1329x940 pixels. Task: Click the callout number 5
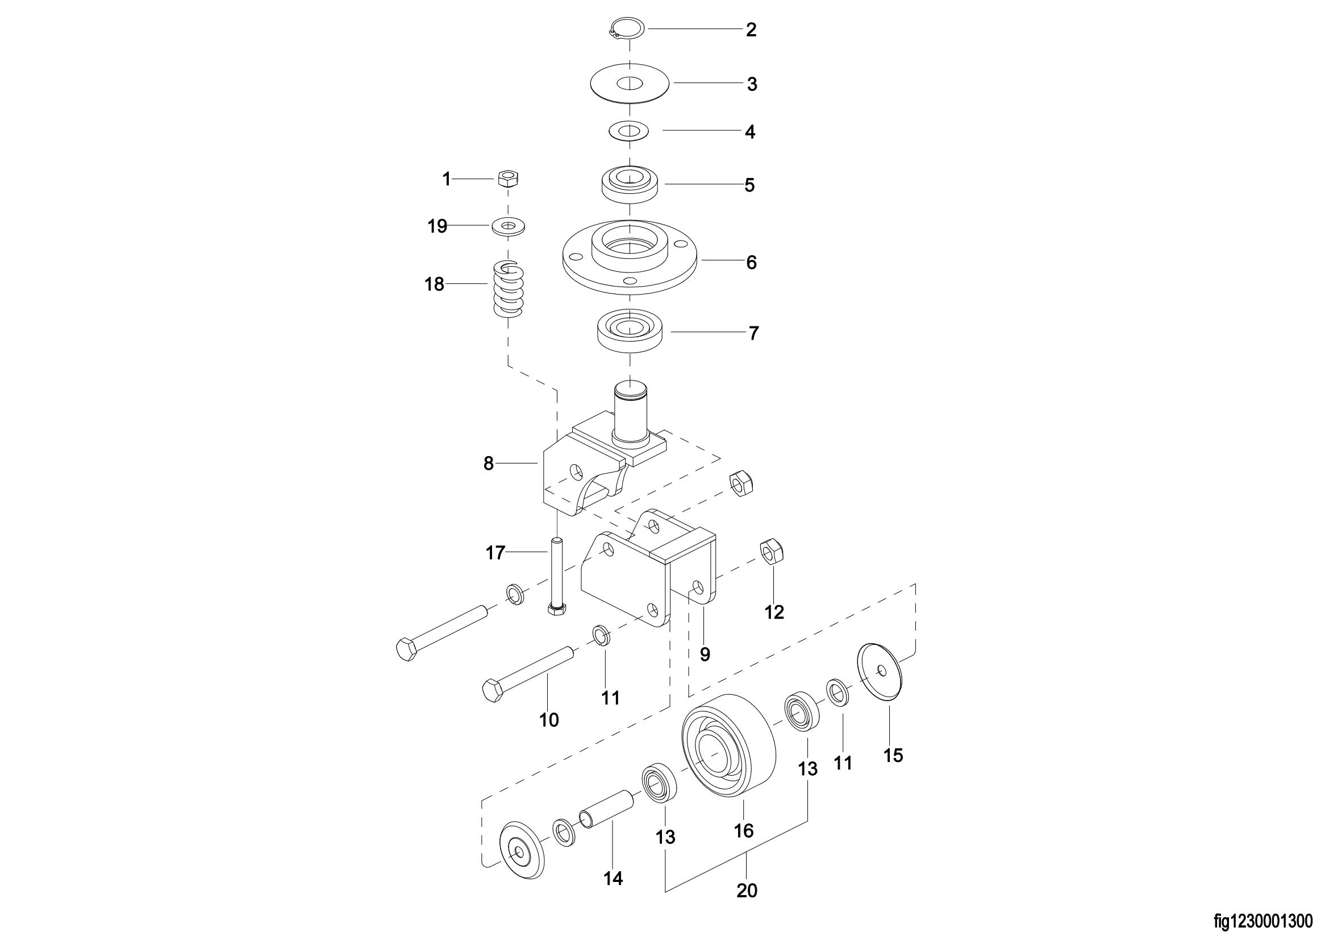(749, 185)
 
